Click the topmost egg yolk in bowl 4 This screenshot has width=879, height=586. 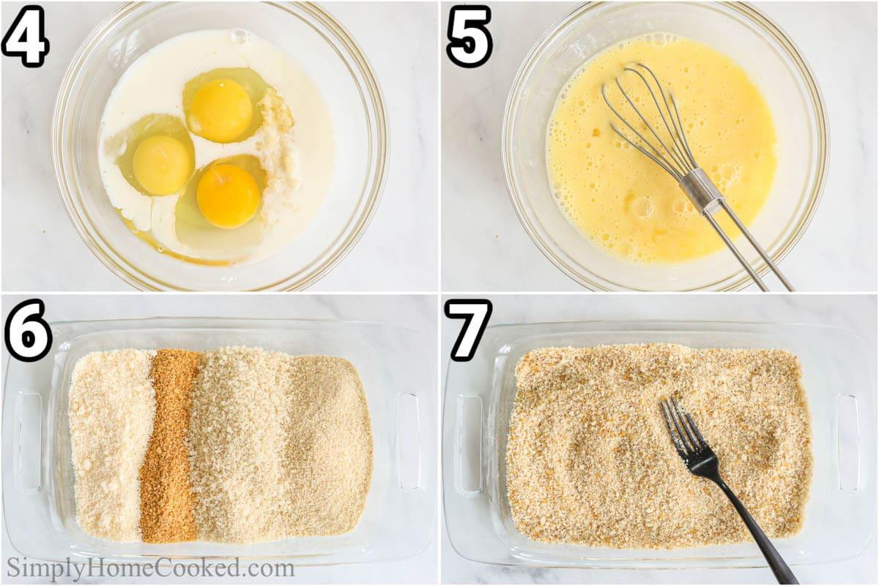(220, 110)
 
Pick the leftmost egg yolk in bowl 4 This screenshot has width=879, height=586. (161, 164)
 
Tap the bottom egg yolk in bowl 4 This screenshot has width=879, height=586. (228, 196)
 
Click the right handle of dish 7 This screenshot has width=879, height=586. (849, 443)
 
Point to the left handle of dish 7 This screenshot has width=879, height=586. (469, 443)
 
